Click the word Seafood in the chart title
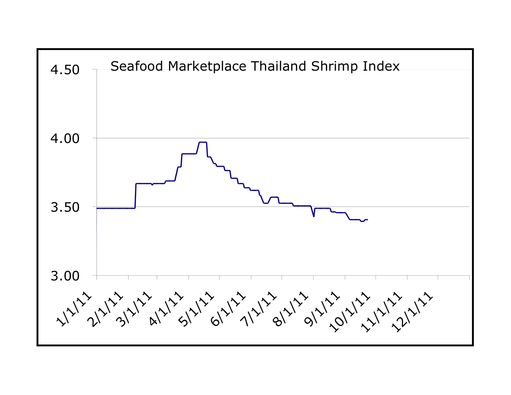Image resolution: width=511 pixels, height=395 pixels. pos(137,66)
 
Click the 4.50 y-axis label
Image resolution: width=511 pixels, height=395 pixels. pos(65,70)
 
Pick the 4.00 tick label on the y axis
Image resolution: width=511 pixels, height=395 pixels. pos(65,138)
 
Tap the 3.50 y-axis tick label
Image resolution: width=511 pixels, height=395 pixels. pos(65,207)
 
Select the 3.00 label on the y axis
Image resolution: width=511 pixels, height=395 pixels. pos(65,276)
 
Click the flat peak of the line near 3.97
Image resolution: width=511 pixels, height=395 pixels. pos(203,142)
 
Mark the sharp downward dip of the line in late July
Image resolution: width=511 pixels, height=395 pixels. pos(314,216)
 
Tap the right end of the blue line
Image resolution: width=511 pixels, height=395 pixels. pos(367,219)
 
